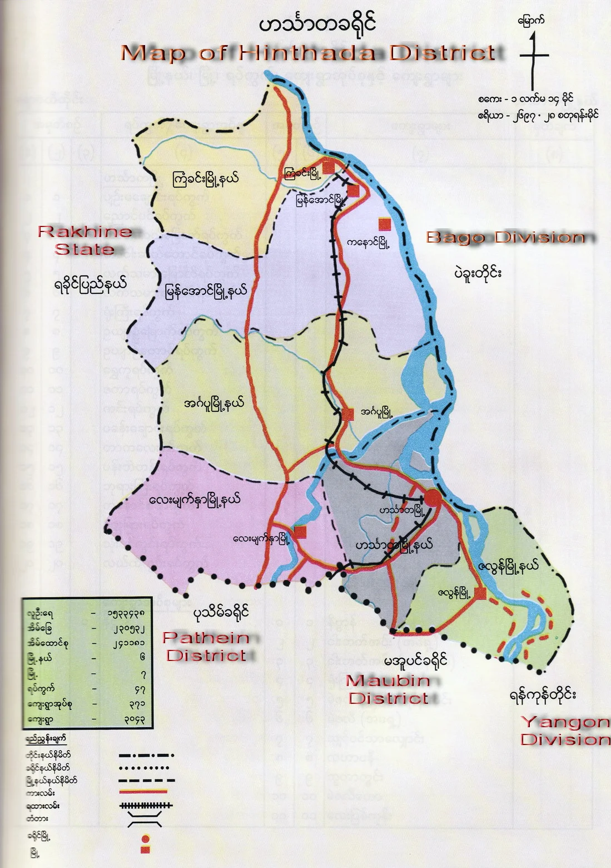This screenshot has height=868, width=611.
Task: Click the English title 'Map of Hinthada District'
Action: pos(307,53)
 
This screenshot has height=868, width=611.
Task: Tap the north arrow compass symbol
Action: pos(534,56)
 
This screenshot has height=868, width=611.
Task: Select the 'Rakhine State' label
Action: pos(85,240)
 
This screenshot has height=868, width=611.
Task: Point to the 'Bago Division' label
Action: pos(505,238)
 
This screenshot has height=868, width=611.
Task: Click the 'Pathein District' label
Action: pos(206,647)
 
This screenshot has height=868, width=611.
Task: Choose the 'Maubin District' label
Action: pos(389,689)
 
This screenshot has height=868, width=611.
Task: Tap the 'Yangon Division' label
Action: pos(565,731)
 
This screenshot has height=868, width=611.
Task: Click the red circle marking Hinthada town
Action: pos(433,499)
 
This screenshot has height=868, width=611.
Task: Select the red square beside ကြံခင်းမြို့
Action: pos(329,166)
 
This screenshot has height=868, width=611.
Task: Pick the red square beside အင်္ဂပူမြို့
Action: pos(348,414)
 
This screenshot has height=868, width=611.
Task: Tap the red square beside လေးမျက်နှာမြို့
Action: pos(300,532)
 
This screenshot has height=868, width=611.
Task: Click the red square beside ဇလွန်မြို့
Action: pos(480,593)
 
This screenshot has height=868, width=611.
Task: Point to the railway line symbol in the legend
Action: pos(146,805)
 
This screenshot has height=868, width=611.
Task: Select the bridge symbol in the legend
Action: pos(145,820)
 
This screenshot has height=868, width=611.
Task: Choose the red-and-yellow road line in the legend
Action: pos(143,791)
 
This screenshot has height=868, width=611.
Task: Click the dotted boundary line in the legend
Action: pos(145,768)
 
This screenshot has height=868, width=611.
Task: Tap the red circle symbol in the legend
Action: pos(145,839)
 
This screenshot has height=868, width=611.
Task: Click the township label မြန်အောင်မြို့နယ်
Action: pos(206,291)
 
